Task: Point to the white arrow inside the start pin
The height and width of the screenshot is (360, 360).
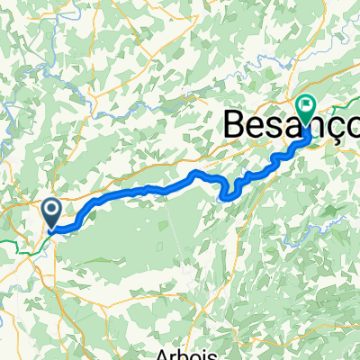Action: click(x=51, y=212)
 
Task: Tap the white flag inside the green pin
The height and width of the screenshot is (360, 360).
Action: click(x=308, y=108)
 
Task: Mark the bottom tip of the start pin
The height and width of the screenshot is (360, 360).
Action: click(x=51, y=229)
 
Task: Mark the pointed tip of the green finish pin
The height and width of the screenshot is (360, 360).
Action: click(x=308, y=123)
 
